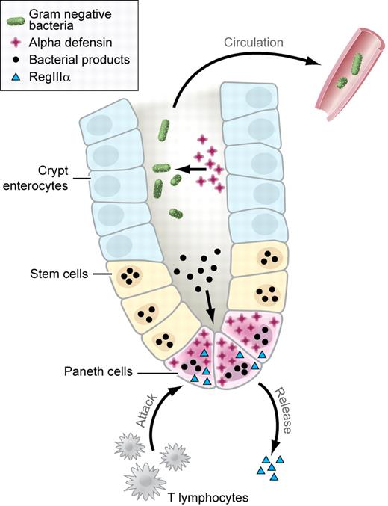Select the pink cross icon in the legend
(x=16, y=41)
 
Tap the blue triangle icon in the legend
(x=16, y=74)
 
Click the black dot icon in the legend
(x=16, y=58)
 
